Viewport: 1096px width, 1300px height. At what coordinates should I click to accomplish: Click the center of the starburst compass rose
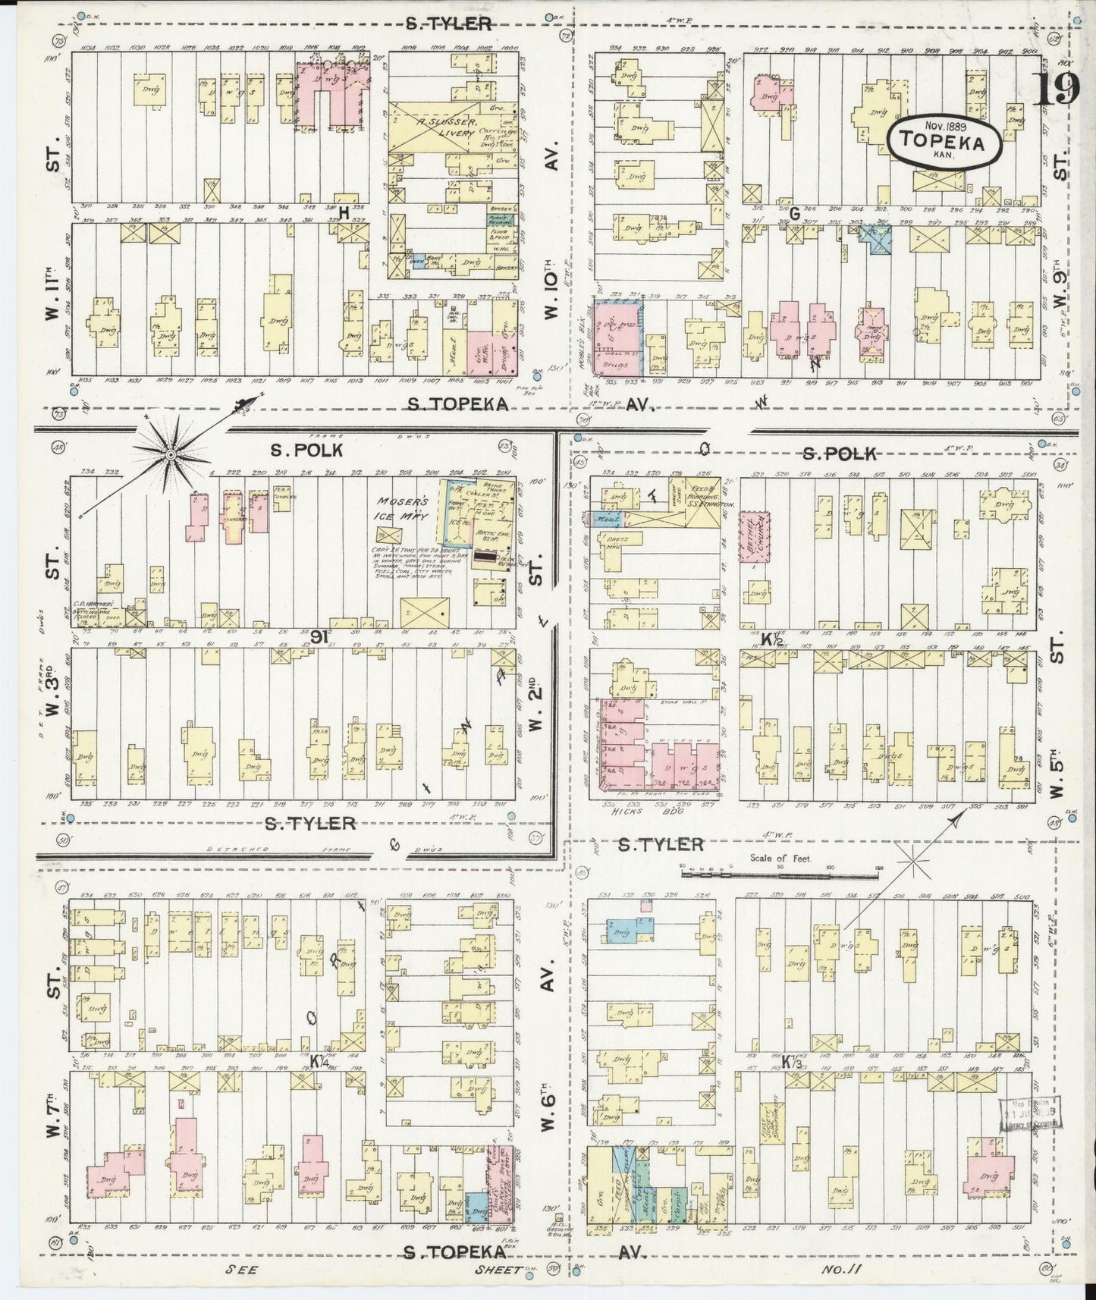tap(171, 454)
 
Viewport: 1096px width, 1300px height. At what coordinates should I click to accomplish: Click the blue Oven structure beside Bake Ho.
tap(418, 262)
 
